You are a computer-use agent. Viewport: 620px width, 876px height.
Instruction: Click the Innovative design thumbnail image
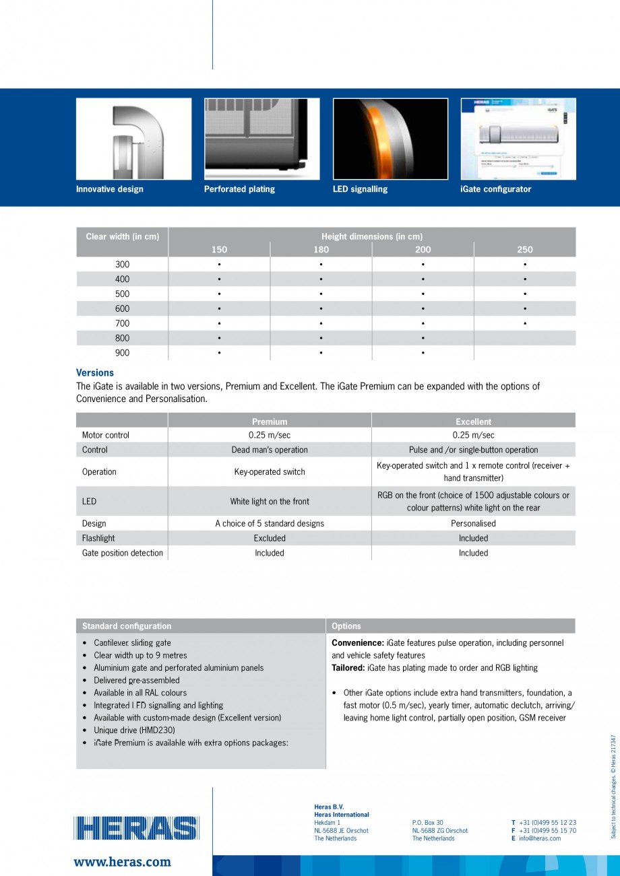[133, 139]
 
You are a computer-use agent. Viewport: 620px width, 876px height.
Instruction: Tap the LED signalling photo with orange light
[390, 139]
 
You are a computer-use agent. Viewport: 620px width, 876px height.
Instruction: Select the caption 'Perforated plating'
[239, 189]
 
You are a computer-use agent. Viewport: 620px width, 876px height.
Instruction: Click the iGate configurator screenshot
[518, 139]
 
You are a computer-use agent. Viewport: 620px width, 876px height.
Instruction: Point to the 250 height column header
[524, 250]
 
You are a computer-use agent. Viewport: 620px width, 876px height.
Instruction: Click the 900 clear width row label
[122, 353]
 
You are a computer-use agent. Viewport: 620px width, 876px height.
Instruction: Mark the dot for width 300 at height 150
[219, 265]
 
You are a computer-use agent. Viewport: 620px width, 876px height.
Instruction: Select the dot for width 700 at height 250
[524, 324]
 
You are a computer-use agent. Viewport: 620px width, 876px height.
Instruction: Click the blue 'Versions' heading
[95, 372]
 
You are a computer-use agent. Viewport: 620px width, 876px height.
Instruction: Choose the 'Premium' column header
[270, 422]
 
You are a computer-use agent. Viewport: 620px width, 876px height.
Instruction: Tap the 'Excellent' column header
[473, 422]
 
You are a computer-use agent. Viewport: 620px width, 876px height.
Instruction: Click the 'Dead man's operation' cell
[270, 450]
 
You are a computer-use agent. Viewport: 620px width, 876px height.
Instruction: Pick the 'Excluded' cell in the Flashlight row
[270, 538]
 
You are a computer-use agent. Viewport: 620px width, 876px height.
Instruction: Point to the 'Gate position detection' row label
[123, 553]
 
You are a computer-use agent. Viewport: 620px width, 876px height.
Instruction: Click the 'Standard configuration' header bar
[201, 626]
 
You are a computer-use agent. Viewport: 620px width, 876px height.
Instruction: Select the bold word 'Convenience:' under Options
[358, 643]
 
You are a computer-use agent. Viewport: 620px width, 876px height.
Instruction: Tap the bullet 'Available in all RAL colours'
[140, 693]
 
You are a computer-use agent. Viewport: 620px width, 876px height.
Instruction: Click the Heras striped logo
[137, 828]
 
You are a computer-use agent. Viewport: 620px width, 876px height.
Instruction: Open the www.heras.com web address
[122, 862]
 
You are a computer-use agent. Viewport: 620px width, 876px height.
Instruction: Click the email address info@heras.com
[539, 838]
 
